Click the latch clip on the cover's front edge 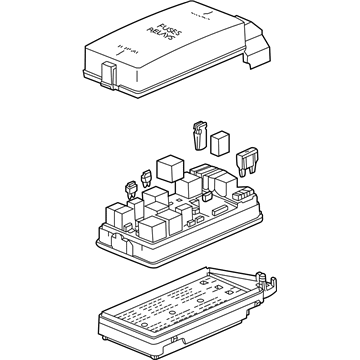click(x=107, y=72)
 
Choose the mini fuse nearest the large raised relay click(x=147, y=177)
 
